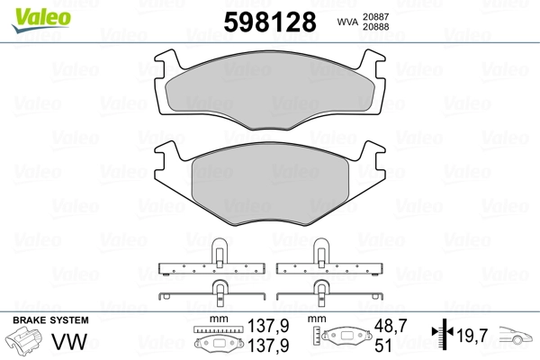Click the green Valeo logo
coord(41,20)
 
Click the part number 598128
coord(270,22)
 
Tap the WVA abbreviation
coord(347,22)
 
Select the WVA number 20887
coord(375,16)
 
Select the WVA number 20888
coord(375,27)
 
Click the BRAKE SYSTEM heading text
coord(50,320)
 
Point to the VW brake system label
coord(69,341)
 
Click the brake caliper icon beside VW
coord(23,341)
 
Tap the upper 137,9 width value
coord(268,326)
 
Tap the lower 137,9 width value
coord(268,346)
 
